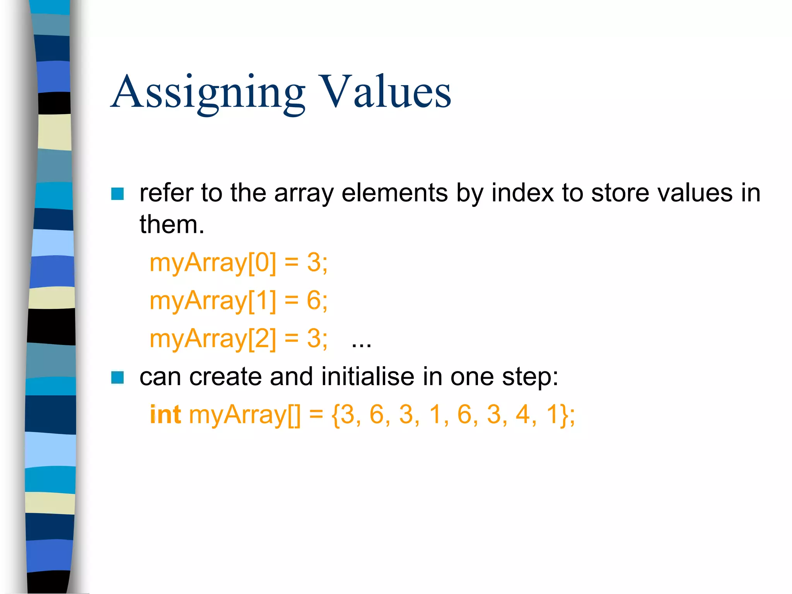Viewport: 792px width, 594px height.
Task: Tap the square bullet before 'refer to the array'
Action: [x=117, y=194]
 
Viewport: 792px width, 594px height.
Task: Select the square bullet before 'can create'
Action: [x=117, y=377]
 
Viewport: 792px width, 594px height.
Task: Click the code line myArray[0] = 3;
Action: [x=238, y=263]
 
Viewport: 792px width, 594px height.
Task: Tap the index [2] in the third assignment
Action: [x=262, y=339]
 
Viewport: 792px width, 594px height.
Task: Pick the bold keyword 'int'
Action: [x=165, y=415]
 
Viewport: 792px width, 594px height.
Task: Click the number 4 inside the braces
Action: [x=523, y=415]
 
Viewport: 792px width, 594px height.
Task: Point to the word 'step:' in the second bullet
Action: [x=530, y=377]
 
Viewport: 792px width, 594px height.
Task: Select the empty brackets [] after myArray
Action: [x=294, y=415]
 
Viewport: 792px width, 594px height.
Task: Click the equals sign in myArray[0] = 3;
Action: [x=292, y=263]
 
